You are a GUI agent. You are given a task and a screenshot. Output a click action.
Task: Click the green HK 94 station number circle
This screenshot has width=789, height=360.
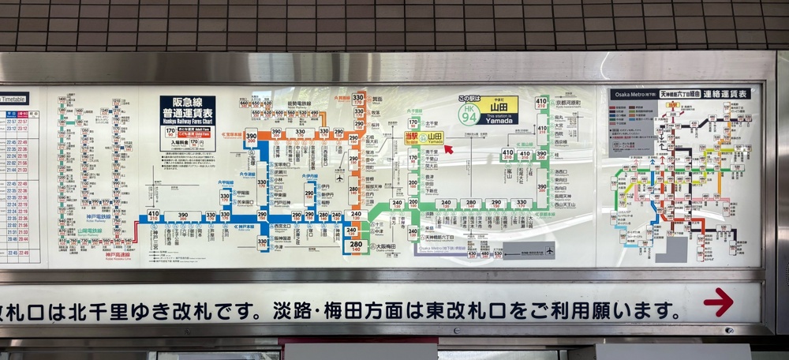click(x=469, y=114)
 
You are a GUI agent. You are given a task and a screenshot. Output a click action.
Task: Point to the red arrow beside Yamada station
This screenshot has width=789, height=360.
click(x=448, y=148)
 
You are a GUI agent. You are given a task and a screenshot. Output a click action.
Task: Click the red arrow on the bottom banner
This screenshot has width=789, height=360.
click(x=718, y=302)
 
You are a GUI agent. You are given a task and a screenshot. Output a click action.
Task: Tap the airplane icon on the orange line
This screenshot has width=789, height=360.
click(x=340, y=177)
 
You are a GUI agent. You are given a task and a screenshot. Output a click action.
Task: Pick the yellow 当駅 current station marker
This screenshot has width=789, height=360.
click(x=411, y=137)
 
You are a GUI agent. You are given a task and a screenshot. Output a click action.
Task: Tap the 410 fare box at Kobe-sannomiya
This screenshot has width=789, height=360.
click(x=153, y=215)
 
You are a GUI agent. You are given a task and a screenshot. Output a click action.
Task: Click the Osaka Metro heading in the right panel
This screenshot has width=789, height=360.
click(x=633, y=95)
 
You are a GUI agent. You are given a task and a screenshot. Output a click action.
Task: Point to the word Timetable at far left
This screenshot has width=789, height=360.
click(x=13, y=99)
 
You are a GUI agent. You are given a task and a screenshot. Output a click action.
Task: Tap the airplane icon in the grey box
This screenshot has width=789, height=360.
click(x=549, y=251)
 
